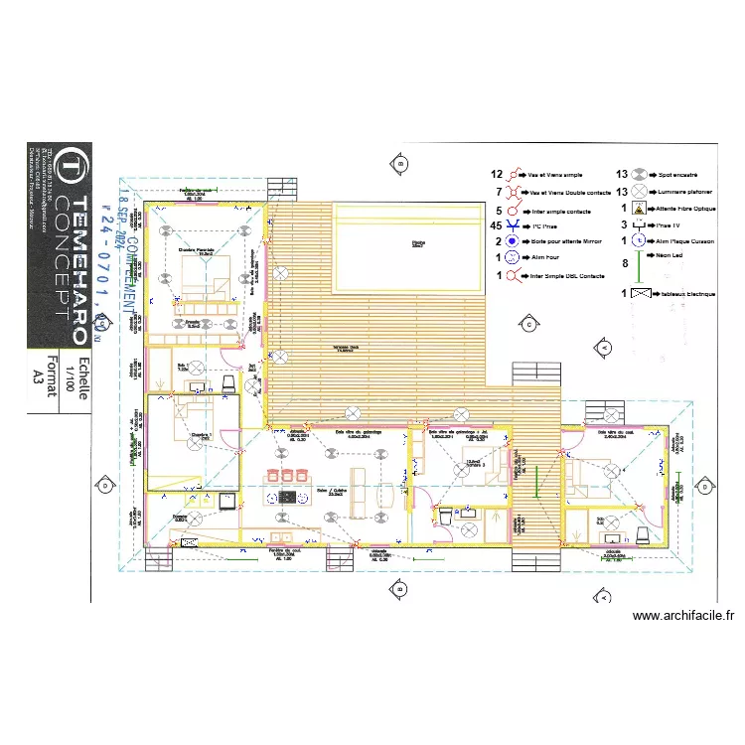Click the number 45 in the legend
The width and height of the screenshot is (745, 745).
point(498,226)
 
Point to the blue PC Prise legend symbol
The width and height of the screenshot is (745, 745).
point(513,226)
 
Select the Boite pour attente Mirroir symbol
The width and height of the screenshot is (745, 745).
point(513,241)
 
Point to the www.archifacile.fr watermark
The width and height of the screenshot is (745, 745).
point(684,616)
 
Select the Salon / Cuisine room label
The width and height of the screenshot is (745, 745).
point(328,491)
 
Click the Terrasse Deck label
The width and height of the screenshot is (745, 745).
point(346,349)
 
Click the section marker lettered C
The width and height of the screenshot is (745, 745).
point(529,324)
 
